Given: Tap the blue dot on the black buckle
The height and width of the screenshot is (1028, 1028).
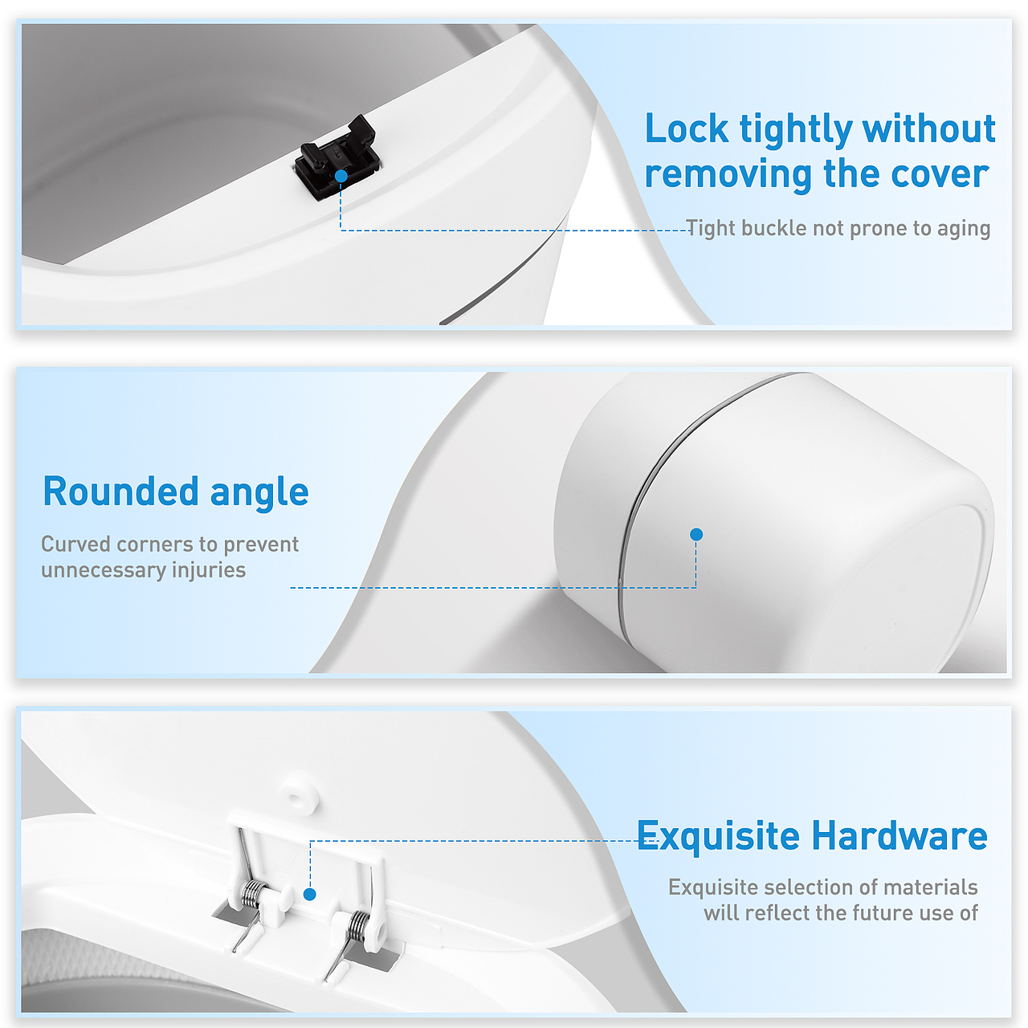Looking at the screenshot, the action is point(341,176).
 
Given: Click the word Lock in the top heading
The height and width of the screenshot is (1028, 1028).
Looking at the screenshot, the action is point(687,129).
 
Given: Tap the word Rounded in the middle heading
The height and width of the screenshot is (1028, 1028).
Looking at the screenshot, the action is point(120,492).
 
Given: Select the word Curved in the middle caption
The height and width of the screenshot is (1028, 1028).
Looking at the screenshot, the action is point(75,545).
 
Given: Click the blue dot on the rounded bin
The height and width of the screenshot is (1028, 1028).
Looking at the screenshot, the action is point(696,534).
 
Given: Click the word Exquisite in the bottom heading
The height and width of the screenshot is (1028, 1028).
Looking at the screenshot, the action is point(718,835).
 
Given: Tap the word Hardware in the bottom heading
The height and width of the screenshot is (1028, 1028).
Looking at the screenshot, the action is point(899,835).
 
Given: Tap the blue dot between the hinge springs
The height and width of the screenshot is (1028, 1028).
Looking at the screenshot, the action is point(309,894).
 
